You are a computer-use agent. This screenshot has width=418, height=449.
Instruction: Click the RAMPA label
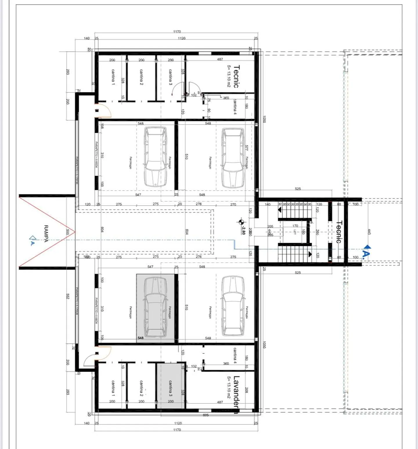46,233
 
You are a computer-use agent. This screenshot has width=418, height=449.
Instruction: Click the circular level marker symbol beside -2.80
241,222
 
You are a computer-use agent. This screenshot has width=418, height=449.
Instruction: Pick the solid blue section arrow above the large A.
367,247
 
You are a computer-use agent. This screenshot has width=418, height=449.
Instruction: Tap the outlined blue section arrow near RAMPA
33,238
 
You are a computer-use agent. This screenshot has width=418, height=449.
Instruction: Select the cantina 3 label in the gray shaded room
170,388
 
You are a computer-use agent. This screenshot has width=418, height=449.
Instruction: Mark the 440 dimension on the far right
369,232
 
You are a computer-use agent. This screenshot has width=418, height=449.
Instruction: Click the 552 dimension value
68,296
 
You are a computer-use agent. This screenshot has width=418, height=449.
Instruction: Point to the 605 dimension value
206,415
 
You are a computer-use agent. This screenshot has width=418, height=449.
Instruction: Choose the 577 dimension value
246,148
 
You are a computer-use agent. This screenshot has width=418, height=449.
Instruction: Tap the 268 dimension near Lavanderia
246,390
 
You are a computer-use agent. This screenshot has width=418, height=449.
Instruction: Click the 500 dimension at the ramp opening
68,232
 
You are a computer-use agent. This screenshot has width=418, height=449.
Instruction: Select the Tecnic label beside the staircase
339,232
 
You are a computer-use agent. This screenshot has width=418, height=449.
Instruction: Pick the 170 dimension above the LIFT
295,226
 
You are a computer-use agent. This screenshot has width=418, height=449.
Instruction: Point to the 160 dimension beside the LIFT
303,232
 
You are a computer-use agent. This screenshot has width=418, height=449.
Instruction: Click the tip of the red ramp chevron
75,232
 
